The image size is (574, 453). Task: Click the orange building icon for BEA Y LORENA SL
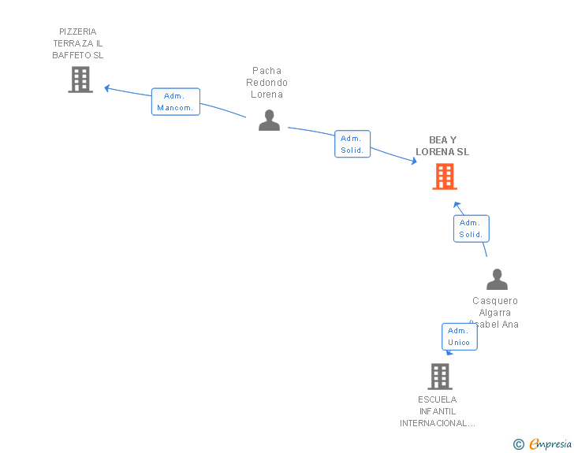(445, 176)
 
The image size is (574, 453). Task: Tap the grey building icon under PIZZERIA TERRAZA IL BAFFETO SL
(80, 80)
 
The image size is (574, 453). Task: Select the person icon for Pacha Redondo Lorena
(269, 120)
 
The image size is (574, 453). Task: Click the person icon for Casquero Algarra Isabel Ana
(497, 280)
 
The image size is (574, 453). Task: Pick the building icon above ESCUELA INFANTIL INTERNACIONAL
(440, 376)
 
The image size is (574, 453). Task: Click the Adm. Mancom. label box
(175, 102)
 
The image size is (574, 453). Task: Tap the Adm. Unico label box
(459, 336)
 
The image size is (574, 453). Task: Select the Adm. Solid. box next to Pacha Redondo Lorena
(352, 144)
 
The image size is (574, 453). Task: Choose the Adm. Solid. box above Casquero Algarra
(471, 228)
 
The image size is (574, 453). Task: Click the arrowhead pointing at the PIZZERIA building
(108, 88)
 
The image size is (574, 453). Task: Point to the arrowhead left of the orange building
(413, 162)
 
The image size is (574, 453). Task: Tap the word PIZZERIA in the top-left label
(77, 32)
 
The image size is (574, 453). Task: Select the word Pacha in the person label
(266, 71)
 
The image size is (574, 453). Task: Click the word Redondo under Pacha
(266, 83)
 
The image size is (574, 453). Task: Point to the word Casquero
(495, 301)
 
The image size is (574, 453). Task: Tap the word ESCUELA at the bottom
(438, 399)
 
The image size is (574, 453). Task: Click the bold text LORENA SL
(442, 152)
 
